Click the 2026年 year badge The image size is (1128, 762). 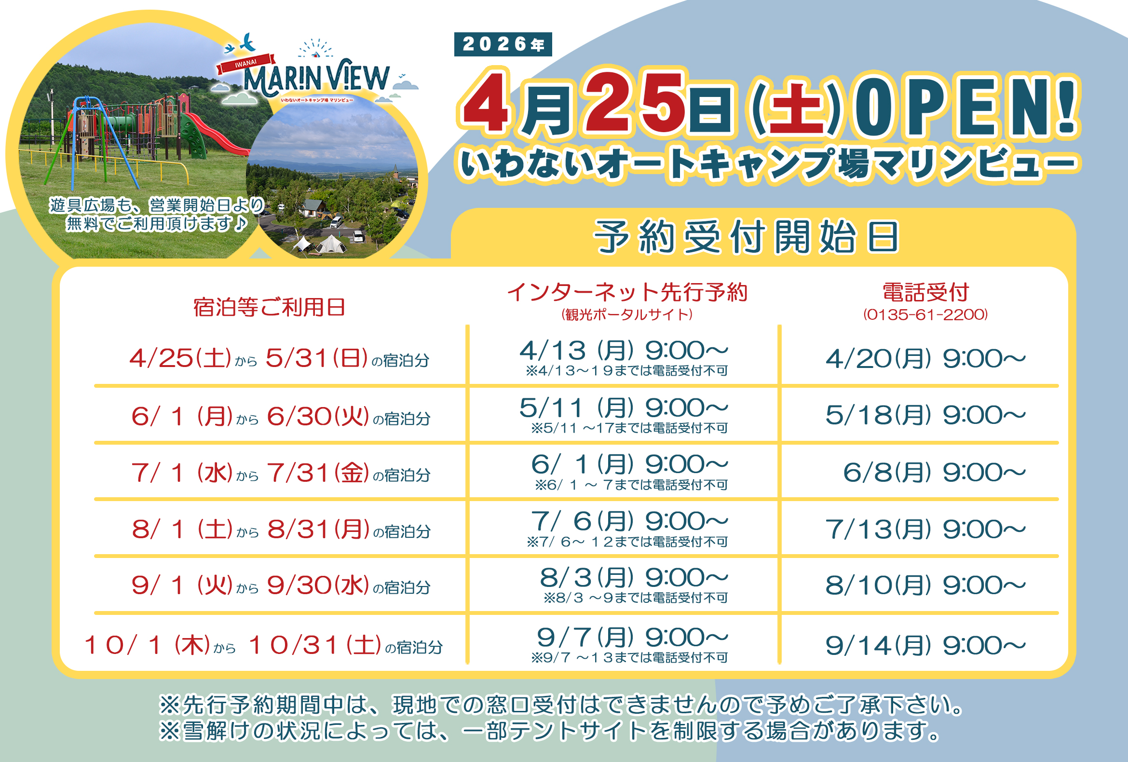coord(503,44)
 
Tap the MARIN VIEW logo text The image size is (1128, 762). coord(316,78)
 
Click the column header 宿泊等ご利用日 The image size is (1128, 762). coord(269,307)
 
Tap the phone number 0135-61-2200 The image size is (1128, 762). coord(925,314)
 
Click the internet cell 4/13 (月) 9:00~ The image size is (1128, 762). coord(624,350)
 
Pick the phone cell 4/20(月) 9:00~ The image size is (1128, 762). coord(925,359)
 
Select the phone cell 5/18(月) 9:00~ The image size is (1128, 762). coord(925,415)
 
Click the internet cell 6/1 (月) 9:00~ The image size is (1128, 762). coord(629,464)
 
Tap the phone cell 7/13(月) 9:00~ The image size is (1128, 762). coord(925,529)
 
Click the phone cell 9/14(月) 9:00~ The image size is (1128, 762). coord(925,645)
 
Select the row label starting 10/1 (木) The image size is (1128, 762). coord(264,645)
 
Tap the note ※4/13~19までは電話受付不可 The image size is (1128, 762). coord(626,371)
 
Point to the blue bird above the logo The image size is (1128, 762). coord(247,42)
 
